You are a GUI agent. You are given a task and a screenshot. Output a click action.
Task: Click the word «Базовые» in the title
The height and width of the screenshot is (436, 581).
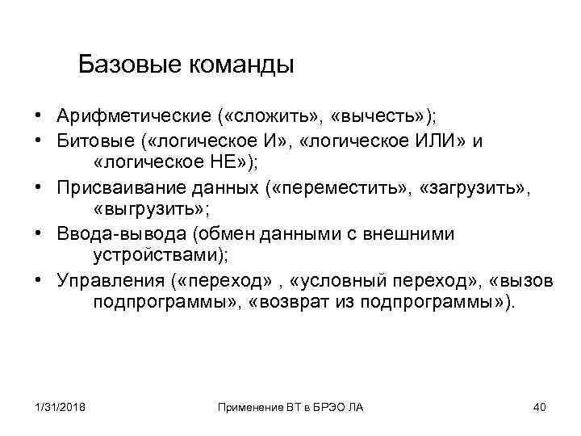click(129, 64)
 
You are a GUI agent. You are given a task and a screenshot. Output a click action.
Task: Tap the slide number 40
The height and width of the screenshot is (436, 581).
click(540, 407)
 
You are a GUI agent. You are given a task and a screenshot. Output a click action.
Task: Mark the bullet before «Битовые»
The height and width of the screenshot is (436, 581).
click(38, 141)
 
